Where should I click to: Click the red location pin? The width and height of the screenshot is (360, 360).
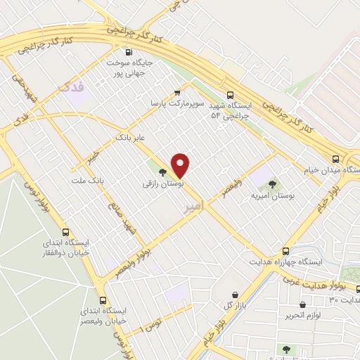pyautogui.click(x=181, y=165)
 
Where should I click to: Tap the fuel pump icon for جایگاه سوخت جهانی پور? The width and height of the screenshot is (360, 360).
pyautogui.click(x=128, y=51)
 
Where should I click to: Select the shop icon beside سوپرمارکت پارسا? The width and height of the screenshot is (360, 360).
pyautogui.click(x=177, y=91)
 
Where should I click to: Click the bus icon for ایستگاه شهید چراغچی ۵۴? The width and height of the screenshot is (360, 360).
pyautogui.click(x=230, y=96)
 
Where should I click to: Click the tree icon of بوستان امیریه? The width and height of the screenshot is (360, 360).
pyautogui.click(x=272, y=184)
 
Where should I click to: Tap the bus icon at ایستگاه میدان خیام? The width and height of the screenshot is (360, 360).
pyautogui.click(x=336, y=158)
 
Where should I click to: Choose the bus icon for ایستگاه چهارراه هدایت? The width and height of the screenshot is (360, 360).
pyautogui.click(x=285, y=250)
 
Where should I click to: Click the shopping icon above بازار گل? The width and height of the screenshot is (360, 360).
pyautogui.click(x=233, y=294)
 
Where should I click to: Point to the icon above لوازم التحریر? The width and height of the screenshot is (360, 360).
pyautogui.click(x=302, y=305)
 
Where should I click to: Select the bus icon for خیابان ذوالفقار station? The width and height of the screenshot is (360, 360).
pyautogui.click(x=66, y=231)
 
